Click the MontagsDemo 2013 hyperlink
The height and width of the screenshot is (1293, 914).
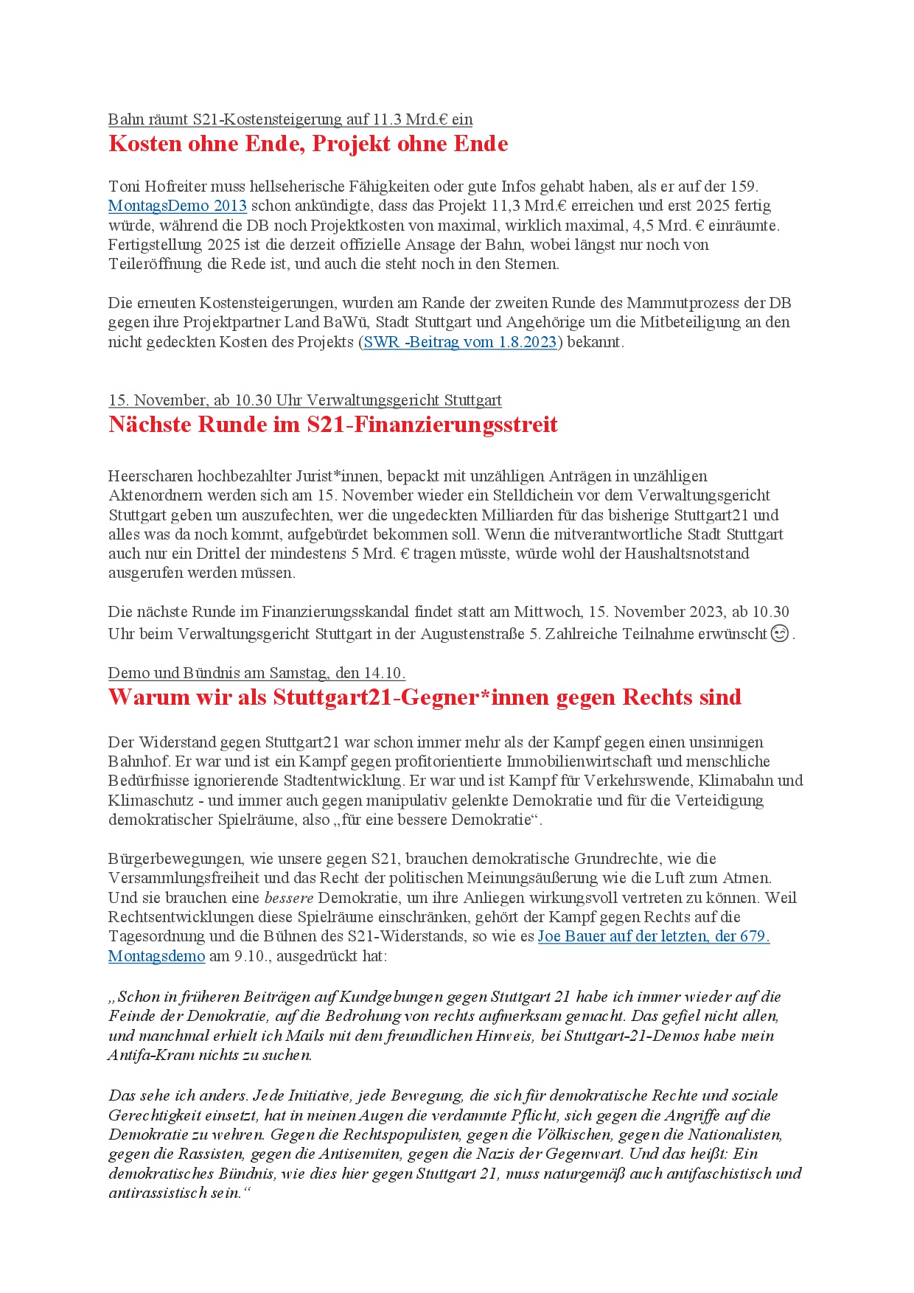click(177, 206)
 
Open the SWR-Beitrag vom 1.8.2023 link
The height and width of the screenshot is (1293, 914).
click(461, 342)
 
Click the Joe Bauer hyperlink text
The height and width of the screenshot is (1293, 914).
click(653, 936)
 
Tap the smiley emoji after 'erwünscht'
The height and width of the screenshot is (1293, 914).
click(779, 633)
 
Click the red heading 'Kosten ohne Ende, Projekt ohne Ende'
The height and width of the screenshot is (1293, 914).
click(308, 144)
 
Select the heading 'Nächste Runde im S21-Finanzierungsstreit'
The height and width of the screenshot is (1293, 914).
click(333, 425)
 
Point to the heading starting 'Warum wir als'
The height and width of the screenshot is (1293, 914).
click(425, 697)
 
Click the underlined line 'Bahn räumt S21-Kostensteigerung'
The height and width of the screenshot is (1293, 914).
click(290, 119)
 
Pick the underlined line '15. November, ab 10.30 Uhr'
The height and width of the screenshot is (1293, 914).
click(304, 400)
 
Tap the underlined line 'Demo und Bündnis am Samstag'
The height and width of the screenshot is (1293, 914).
click(257, 673)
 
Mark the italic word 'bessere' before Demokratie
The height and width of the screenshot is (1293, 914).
click(289, 898)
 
